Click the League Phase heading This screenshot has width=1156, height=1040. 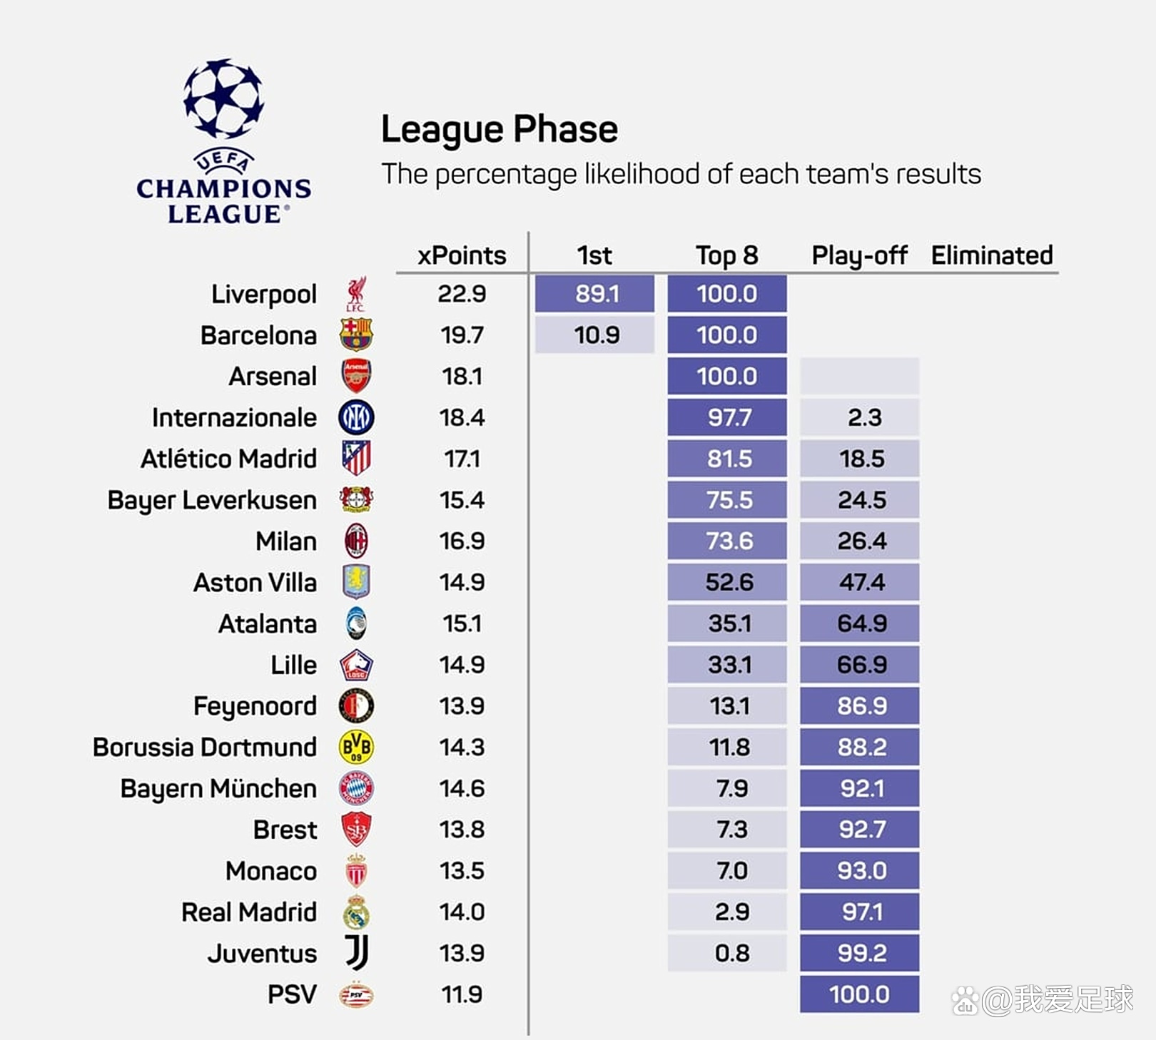499,130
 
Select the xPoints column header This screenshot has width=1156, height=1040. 462,255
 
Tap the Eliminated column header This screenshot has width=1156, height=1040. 992,255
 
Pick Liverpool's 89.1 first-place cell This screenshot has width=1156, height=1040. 594,294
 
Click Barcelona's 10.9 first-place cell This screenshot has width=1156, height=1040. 594,335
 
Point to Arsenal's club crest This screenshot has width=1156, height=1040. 356,376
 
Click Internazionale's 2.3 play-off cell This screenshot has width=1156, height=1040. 859,417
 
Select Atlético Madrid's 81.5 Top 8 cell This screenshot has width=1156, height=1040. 727,459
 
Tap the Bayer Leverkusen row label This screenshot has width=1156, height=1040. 212,500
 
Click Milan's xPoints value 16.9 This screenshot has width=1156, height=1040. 462,541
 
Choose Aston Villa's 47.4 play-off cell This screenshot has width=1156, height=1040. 859,583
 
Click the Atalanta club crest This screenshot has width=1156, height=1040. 356,623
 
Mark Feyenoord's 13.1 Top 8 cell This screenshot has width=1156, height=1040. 727,706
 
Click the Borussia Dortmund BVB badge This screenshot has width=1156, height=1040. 356,748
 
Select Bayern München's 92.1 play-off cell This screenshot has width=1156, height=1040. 859,789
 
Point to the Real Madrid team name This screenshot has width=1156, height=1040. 249,912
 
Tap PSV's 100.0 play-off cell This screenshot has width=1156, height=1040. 859,994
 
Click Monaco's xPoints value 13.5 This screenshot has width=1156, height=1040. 462,871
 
